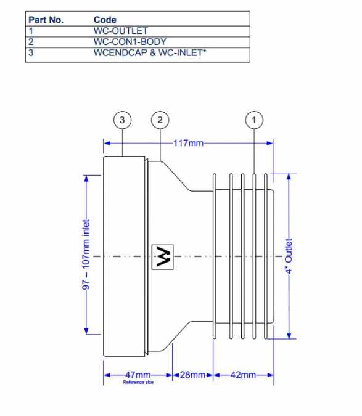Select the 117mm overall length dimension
[188, 143]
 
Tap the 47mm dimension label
[138, 375]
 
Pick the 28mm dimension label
[192, 375]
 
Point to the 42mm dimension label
[243, 375]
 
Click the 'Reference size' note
[138, 382]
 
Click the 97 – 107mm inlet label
[86, 255]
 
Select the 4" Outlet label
[289, 256]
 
